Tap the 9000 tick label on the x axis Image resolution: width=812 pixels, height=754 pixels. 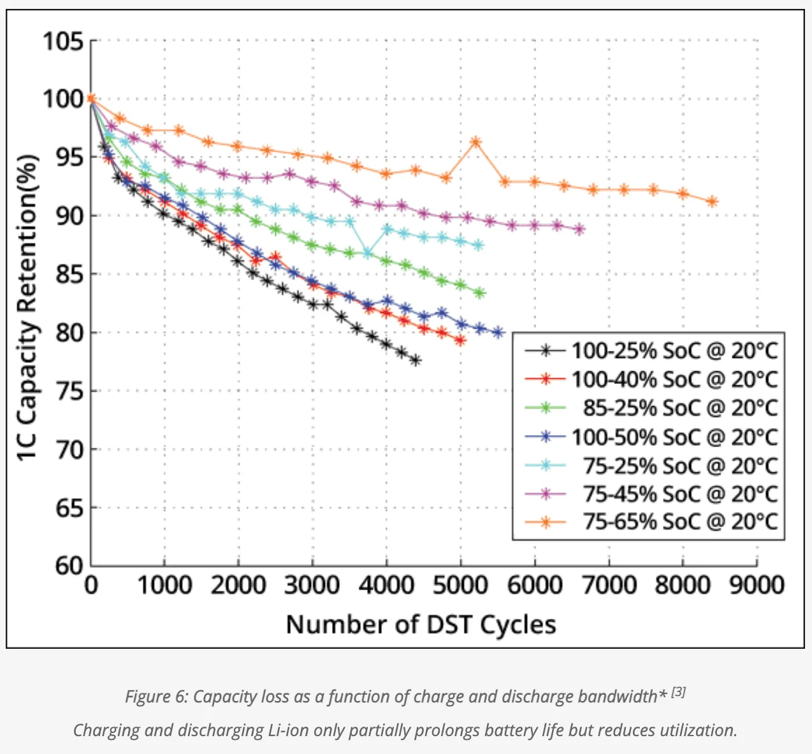coord(757,584)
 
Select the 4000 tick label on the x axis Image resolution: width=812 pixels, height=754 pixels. coord(386,584)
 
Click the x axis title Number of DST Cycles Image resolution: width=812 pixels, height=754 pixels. coord(421,624)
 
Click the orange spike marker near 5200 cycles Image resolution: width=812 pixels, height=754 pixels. coord(475,142)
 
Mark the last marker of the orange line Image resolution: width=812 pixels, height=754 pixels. coord(712,202)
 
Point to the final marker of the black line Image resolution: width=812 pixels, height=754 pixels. coord(416,360)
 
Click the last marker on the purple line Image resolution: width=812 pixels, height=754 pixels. coord(579,230)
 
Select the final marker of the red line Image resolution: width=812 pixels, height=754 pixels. coord(460,341)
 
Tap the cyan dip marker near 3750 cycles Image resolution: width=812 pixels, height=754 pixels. coord(368,254)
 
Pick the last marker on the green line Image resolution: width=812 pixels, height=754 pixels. coord(480,293)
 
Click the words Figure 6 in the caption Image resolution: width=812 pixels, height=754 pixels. coord(156,696)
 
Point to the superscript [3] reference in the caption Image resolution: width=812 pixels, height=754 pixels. coord(678,691)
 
